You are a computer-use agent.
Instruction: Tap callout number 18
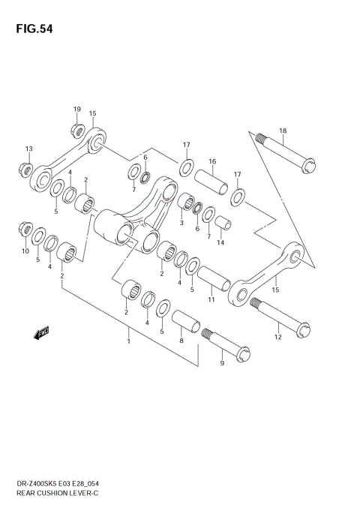coord(283,131)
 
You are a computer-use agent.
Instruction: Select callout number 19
coord(77,110)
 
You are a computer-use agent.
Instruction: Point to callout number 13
coord(28,149)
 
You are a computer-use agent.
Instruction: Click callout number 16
coord(212,161)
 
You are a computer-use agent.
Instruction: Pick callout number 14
coord(220,242)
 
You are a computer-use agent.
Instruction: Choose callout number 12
coord(278,337)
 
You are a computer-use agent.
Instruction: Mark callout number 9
coord(221,364)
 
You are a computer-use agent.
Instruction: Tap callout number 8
coord(181,339)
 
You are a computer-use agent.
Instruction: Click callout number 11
coord(211,299)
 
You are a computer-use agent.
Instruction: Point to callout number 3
coord(181,223)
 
